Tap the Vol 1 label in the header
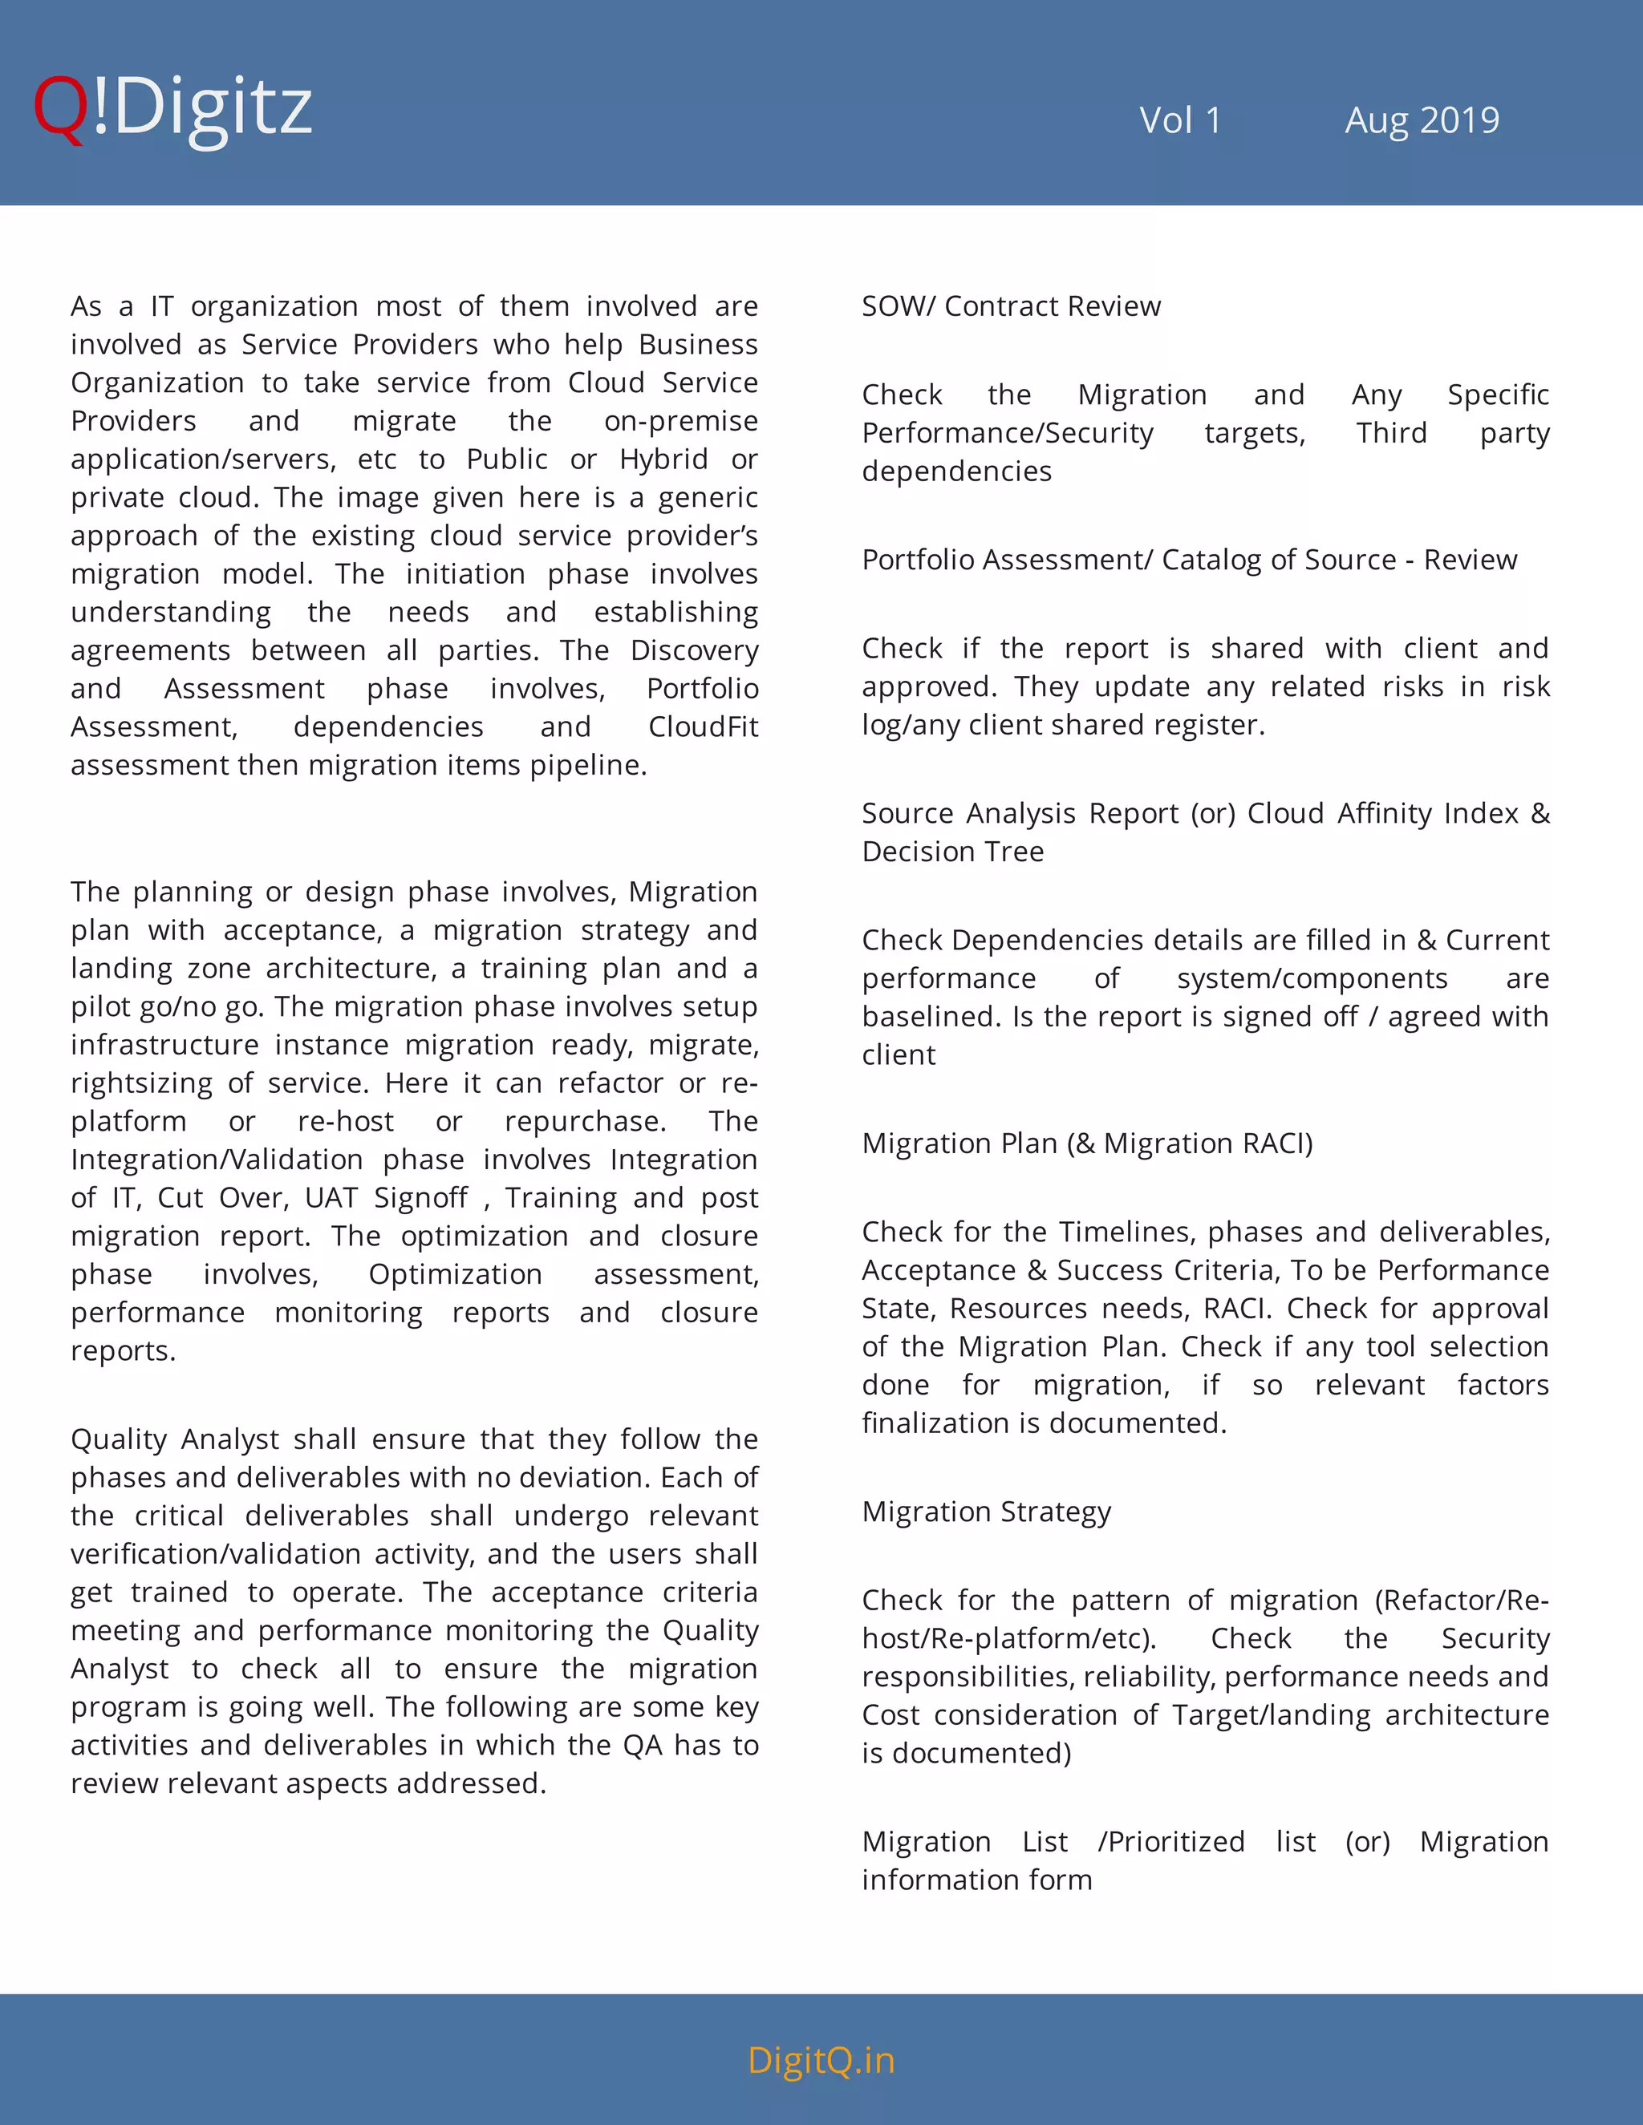pos(1179,120)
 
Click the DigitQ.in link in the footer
pos(821,2060)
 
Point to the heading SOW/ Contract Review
pos(1010,306)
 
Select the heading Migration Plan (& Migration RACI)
pos(1086,1143)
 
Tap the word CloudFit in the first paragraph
pos(703,727)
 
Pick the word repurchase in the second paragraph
pos(585,1122)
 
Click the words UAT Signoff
pos(387,1198)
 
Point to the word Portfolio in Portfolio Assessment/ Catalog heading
pos(922,561)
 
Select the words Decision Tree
pos(952,852)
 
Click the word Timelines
pos(1128,1232)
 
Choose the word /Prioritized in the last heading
pos(1171,1842)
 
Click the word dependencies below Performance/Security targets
pos(955,472)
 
